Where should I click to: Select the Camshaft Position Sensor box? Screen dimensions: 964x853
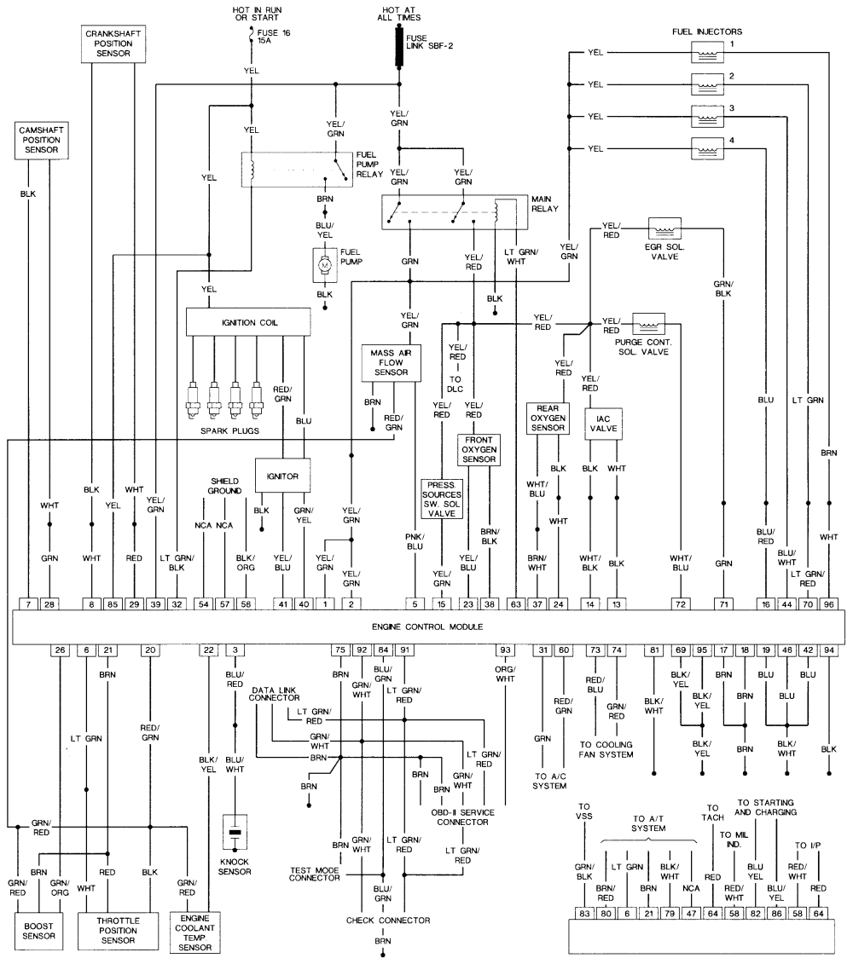point(40,139)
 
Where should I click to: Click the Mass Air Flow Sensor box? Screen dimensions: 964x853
point(393,361)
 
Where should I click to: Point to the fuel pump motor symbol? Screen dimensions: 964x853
point(324,266)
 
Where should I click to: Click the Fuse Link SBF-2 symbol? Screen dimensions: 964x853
point(399,47)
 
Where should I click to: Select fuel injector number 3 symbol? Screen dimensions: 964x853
point(707,116)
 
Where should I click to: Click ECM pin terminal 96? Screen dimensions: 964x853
point(828,603)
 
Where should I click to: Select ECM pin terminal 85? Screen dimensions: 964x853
point(113,603)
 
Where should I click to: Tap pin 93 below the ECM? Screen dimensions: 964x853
point(505,650)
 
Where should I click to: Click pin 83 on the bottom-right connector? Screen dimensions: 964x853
point(584,913)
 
